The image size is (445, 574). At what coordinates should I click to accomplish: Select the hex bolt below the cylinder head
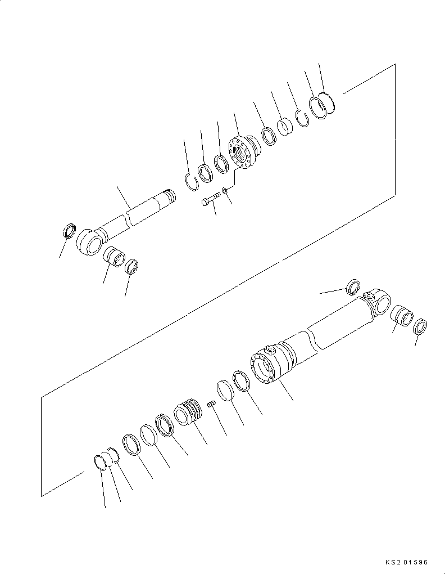209,201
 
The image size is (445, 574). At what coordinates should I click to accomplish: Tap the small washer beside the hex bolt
225,191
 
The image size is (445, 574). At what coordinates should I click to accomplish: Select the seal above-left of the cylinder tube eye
353,287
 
